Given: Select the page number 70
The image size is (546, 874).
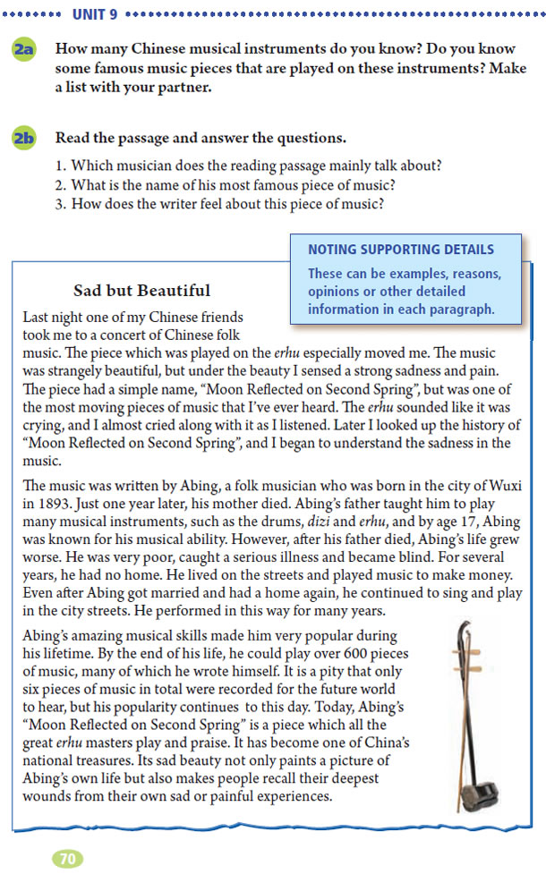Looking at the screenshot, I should [x=67, y=858].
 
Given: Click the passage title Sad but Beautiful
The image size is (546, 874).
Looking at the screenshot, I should [x=143, y=290].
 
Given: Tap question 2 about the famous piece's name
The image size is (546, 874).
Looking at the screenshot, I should [x=236, y=185].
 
